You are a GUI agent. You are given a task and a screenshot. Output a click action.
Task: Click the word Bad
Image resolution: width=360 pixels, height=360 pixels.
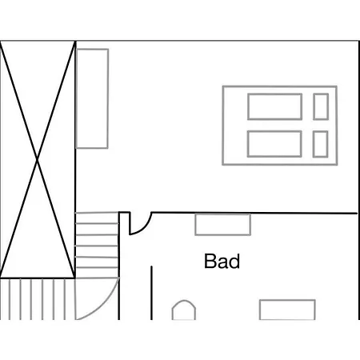tap(222, 261)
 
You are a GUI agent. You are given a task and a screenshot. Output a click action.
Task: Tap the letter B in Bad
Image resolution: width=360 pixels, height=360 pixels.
tap(210, 261)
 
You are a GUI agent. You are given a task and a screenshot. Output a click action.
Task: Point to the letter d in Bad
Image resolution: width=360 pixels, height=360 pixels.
tap(234, 261)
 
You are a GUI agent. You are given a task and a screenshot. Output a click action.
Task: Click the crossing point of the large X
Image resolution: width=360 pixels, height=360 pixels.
tap(38, 159)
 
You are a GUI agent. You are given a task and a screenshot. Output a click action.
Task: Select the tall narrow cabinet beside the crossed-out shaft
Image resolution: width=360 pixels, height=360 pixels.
tap(92, 98)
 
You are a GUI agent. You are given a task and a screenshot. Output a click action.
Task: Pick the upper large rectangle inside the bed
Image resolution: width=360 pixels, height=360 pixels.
tap(274, 106)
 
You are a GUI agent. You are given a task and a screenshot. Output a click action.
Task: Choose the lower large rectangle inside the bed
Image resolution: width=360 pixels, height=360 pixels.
tap(274, 144)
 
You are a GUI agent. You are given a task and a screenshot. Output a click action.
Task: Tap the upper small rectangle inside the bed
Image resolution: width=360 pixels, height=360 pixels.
tap(321, 106)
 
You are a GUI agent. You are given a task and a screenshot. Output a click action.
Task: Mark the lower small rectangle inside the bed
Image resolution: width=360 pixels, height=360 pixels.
tap(320, 144)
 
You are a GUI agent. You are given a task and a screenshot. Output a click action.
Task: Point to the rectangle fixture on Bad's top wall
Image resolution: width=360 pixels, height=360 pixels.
tap(222, 225)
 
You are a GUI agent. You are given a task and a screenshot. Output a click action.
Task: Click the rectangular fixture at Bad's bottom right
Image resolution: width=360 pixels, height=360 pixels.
tap(287, 310)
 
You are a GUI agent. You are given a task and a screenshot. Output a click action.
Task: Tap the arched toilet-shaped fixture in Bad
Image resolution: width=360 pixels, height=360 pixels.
tap(184, 302)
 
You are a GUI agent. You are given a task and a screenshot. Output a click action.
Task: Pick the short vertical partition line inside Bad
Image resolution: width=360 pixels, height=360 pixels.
tap(151, 293)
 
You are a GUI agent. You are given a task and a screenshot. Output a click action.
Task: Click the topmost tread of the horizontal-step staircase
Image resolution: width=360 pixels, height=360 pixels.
tap(97, 213)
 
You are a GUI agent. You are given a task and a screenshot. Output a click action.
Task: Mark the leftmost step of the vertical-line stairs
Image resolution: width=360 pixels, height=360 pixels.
tap(10, 299)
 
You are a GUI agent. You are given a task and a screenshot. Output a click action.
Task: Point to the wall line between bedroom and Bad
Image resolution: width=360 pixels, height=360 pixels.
tap(254, 213)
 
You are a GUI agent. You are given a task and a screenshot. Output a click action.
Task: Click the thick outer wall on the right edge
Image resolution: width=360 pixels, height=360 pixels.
tap(359, 180)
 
